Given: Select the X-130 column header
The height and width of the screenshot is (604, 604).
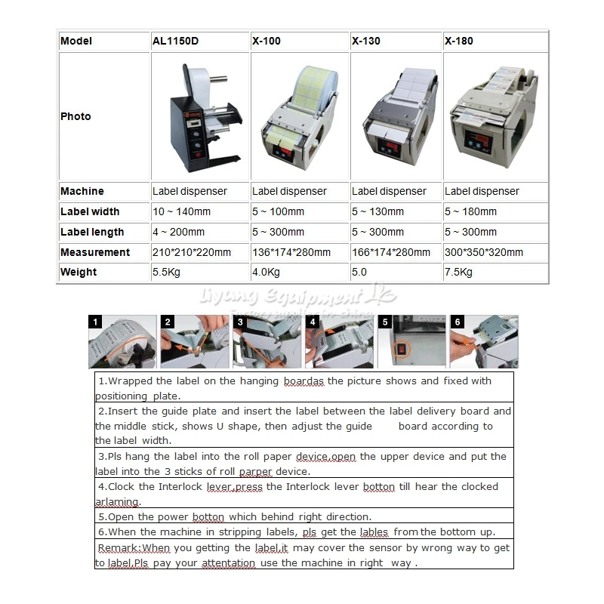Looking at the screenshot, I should coord(366,41).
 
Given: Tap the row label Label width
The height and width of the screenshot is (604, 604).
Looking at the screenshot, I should coord(90,212).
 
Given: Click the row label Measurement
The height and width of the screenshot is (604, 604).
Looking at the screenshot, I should coord(95,252).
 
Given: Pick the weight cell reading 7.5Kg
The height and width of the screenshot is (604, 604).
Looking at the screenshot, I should coord(459,273).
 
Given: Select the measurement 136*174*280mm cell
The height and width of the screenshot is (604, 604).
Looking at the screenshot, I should coord(291,252).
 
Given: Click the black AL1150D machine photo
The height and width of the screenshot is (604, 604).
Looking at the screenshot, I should coord(198,117).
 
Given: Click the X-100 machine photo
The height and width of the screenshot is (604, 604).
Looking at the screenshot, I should coord(297,117).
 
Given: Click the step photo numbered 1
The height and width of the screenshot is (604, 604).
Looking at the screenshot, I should coord(122,342).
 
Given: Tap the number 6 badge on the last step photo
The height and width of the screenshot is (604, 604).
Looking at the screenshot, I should coord(457,322).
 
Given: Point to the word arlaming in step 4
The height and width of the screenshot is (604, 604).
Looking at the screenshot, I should coord(118,502).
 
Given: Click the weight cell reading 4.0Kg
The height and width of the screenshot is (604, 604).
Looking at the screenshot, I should coord(266,273).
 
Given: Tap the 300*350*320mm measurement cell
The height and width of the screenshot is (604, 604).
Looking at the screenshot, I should coord(484,252).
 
